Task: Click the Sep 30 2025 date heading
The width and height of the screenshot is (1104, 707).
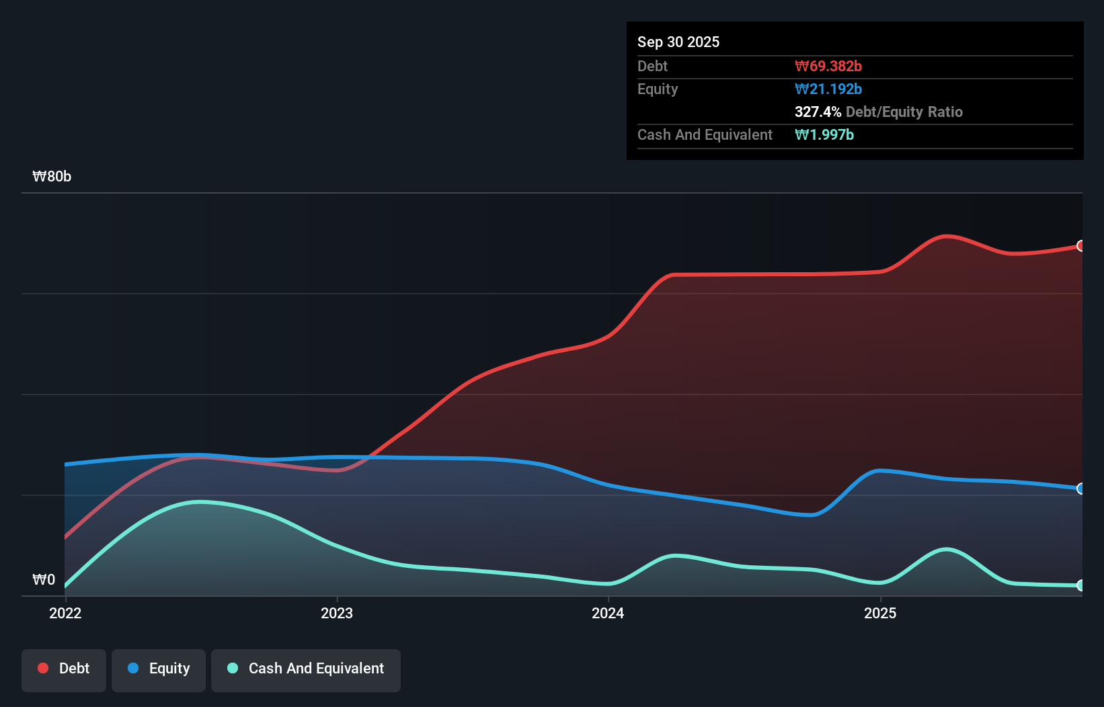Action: (678, 42)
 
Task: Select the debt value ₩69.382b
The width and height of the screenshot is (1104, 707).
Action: (828, 66)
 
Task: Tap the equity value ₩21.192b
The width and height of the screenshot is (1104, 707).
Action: (828, 89)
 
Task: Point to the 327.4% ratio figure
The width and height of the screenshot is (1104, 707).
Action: (818, 112)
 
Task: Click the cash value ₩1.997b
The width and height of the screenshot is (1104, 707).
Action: (824, 134)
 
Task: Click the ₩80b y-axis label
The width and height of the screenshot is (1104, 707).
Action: (52, 176)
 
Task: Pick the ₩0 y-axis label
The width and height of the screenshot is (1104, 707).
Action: (44, 579)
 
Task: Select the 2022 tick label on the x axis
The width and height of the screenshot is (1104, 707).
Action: (65, 613)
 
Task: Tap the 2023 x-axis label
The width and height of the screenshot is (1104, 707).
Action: (337, 613)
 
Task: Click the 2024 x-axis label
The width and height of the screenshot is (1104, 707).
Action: (608, 613)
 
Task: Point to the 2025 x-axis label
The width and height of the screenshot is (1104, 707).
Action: (880, 613)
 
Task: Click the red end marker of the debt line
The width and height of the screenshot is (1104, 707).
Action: (1080, 246)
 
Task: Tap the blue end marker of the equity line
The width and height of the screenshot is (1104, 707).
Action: (1080, 489)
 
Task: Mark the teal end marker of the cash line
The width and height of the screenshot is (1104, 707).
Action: (1080, 585)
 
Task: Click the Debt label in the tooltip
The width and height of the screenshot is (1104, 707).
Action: (652, 66)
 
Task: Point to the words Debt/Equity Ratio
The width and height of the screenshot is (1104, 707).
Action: (904, 112)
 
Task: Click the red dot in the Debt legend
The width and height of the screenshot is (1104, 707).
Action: (43, 668)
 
